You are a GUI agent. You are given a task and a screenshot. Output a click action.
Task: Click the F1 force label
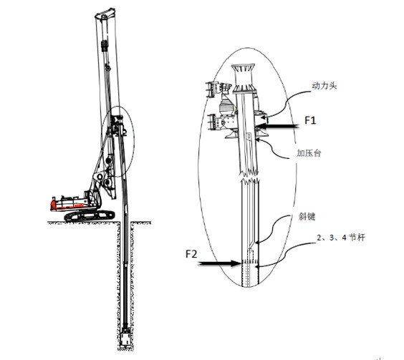click(x=310, y=120)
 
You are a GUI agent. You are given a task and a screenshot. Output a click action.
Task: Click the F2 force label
click(x=191, y=254)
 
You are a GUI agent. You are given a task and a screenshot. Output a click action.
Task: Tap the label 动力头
click(x=324, y=86)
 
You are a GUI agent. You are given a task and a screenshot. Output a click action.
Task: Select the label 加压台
click(x=309, y=153)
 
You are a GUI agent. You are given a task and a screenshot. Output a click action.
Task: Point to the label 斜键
click(x=307, y=217)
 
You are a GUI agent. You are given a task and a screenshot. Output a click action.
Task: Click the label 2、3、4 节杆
click(x=341, y=238)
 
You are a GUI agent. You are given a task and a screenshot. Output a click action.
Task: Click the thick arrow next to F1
click(x=278, y=126)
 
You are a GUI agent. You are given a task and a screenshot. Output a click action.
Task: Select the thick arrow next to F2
click(x=219, y=263)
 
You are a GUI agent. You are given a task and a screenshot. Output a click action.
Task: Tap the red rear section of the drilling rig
click(x=55, y=205)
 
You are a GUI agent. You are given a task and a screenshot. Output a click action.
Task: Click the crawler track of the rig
click(x=90, y=215)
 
